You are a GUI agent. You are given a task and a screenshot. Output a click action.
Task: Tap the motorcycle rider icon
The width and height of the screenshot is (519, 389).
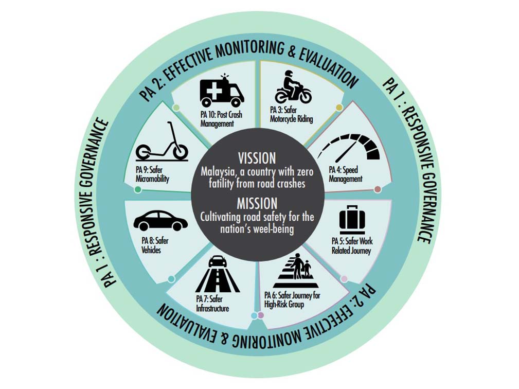tap(293, 87)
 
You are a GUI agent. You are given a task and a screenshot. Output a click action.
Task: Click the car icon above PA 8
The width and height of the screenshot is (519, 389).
tap(160, 221)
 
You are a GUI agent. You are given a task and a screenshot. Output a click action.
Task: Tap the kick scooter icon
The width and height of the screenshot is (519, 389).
tap(162, 142)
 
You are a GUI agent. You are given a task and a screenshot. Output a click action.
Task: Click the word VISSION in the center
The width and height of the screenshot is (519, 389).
tap(257, 158)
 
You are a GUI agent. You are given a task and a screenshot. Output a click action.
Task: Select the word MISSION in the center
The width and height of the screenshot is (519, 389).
tap(257, 203)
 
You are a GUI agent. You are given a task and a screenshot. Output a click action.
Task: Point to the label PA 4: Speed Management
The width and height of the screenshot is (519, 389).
tap(346, 174)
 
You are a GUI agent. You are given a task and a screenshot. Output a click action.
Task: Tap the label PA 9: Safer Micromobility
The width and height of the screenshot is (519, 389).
tap(152, 174)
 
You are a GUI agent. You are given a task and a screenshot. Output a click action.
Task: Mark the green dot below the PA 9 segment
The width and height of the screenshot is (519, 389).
tap(138, 189)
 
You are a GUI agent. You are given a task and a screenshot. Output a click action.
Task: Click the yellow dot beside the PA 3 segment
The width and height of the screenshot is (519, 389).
tap(339, 107)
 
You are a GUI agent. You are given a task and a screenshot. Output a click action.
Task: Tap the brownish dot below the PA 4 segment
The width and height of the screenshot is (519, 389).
tap(378, 189)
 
